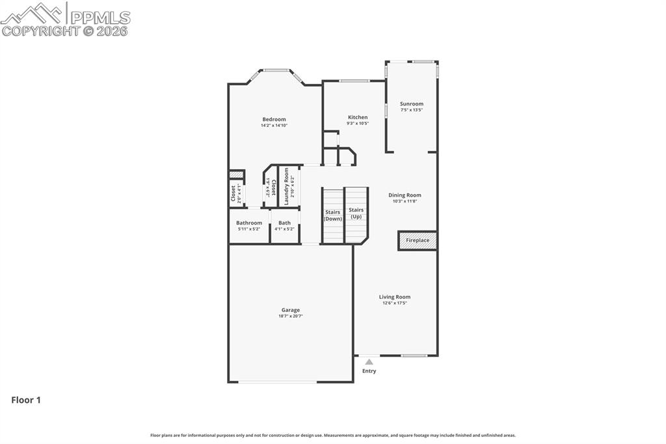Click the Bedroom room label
(x=274, y=119)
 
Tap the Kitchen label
(x=358, y=117)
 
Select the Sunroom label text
(x=412, y=104)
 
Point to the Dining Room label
(x=405, y=195)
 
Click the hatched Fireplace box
(x=418, y=240)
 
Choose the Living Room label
(x=395, y=297)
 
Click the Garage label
(x=291, y=310)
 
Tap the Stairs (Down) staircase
(x=333, y=215)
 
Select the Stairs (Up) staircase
(x=356, y=213)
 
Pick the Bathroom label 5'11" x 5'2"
(x=249, y=223)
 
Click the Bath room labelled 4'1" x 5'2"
(x=285, y=223)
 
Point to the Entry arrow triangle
(x=369, y=361)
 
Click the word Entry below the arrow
(x=369, y=371)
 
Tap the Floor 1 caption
(x=26, y=400)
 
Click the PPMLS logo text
(x=100, y=18)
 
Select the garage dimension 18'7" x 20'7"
(x=291, y=316)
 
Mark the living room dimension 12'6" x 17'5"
(x=395, y=303)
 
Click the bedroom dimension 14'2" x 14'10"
(x=274, y=125)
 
